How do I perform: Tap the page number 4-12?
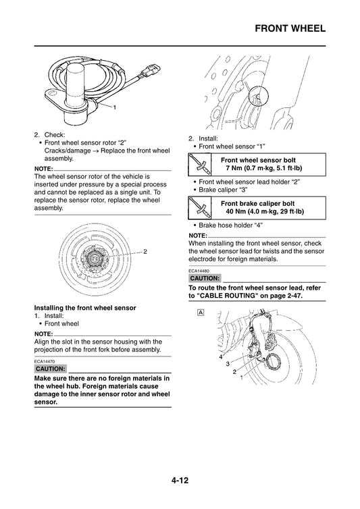coord(180,481)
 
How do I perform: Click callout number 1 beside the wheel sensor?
coord(115,108)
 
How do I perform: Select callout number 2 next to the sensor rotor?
coord(145,251)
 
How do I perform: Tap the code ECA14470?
coord(45,361)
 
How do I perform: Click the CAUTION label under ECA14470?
coord(50,369)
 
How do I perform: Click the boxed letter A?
coord(201,313)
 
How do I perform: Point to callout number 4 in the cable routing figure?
coord(220,356)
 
